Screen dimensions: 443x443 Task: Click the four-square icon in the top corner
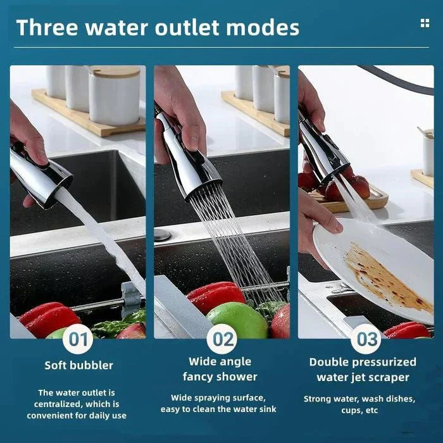pyautogui.click(x=425, y=23)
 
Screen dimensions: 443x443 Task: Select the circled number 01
pyautogui.click(x=78, y=339)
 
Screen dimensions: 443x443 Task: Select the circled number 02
pyautogui.click(x=223, y=339)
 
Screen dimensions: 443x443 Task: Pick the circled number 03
pyautogui.click(x=366, y=339)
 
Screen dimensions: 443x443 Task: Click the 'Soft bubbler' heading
pyautogui.click(x=79, y=365)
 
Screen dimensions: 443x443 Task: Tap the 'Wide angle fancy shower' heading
pyautogui.click(x=220, y=369)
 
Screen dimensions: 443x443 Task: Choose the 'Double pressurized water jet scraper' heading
pyautogui.click(x=363, y=370)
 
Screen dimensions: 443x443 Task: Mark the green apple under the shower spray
pyautogui.click(x=237, y=320)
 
